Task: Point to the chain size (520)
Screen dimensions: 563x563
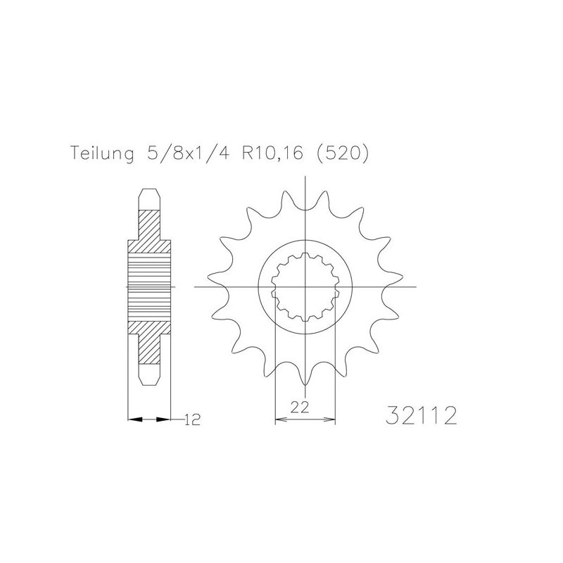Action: (x=342, y=154)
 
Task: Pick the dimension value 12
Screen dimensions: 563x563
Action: (x=191, y=421)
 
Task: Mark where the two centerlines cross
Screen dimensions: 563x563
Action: (x=305, y=287)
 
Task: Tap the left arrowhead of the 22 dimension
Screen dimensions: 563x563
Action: (x=279, y=420)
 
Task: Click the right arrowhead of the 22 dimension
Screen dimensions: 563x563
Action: (x=331, y=420)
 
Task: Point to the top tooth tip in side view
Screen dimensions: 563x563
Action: (x=148, y=193)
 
